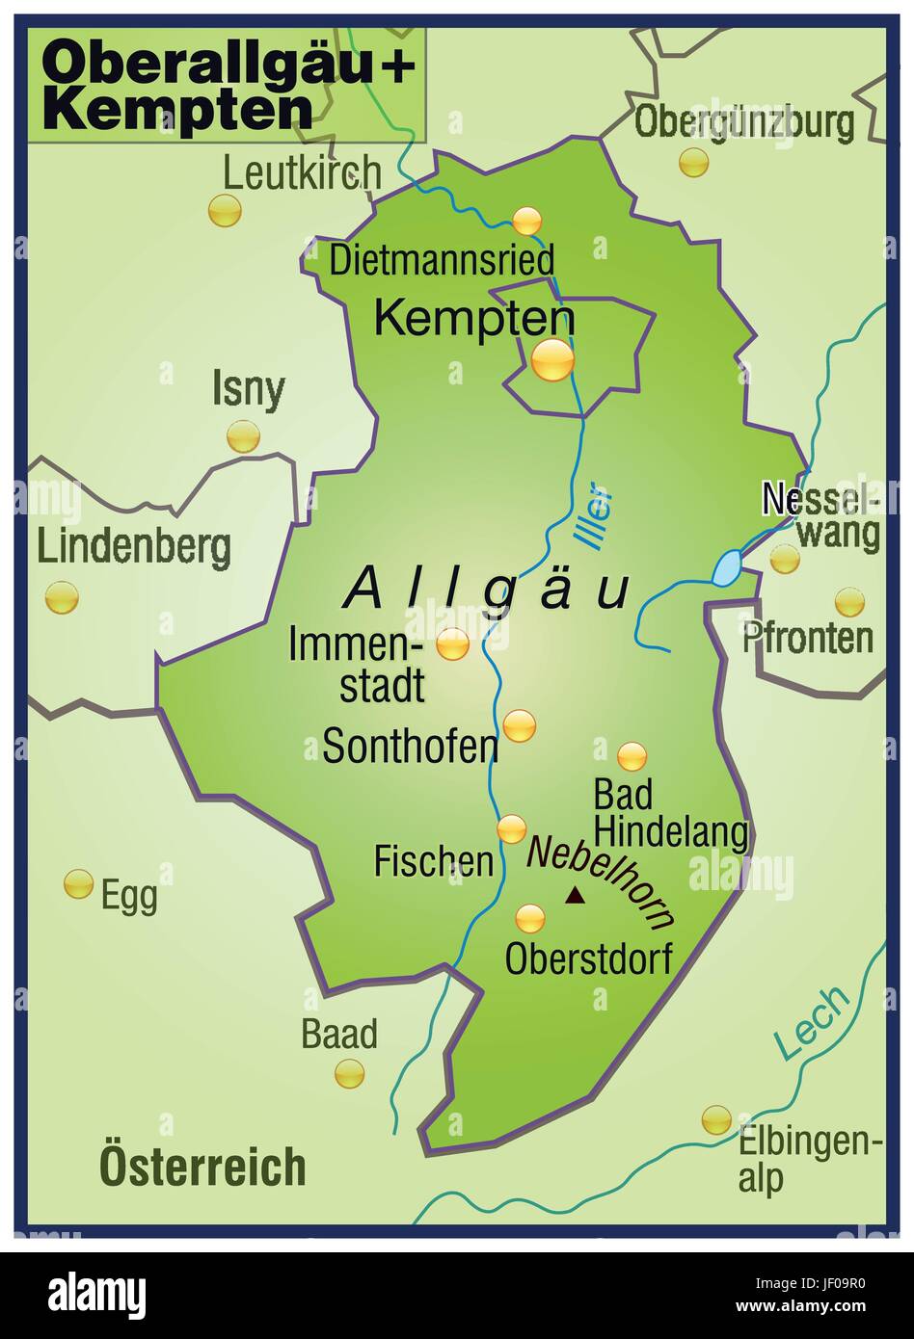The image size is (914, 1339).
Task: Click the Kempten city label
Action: pos(473,318)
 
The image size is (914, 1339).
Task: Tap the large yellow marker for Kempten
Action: pos(552,361)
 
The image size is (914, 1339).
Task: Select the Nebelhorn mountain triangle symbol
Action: pos(575,896)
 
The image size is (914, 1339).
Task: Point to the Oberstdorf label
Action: pos(588,958)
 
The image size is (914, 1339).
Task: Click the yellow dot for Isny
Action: pos(243,436)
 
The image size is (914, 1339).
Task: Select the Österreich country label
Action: pos(202,1167)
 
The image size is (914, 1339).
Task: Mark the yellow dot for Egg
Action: pos(78,883)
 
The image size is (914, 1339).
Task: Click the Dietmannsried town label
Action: pos(443,261)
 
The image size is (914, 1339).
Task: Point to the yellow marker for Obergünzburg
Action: pos(693,162)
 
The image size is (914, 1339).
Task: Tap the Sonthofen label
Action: pos(410,747)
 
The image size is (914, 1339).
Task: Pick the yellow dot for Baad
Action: pos(349,1073)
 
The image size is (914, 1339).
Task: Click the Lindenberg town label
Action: pos(134,547)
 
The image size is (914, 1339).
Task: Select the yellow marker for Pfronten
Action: pos(849,602)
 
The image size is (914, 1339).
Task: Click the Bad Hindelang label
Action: pos(669,814)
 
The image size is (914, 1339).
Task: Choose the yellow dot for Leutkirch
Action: pos(225,211)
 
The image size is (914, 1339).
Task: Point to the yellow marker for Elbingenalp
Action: pos(716,1119)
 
